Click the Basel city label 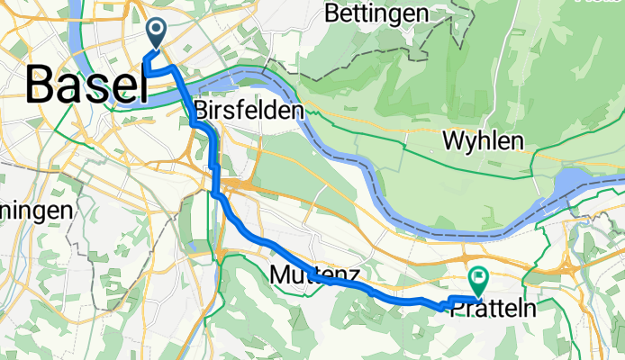87,85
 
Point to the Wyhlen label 484,140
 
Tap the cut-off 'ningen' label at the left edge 35,211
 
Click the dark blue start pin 156,33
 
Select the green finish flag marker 476,278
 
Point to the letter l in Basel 140,85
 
